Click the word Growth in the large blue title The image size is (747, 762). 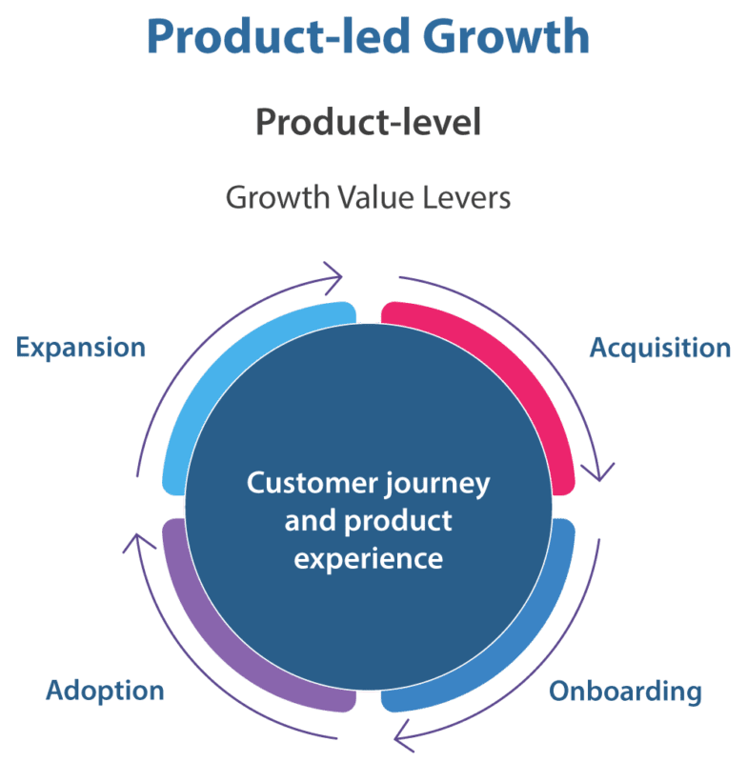[506, 36]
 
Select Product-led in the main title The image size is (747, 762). [280, 36]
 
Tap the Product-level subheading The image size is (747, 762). [368, 123]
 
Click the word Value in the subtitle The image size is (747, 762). [370, 198]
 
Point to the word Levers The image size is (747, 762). [467, 198]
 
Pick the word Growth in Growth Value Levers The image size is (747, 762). [269, 198]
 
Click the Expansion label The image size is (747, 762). [81, 347]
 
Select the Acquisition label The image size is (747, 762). [660, 348]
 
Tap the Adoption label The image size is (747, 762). [106, 690]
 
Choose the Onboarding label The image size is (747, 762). [625, 691]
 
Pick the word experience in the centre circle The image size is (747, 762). [369, 557]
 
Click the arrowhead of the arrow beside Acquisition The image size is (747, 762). [602, 471]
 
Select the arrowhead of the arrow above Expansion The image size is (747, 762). [333, 277]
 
